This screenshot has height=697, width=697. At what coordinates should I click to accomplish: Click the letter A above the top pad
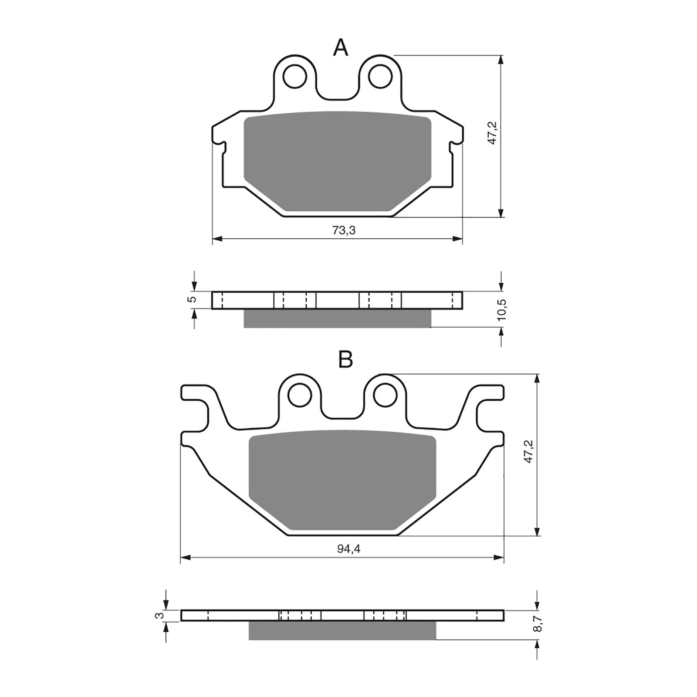point(341,47)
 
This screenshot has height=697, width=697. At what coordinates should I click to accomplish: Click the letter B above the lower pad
point(345,360)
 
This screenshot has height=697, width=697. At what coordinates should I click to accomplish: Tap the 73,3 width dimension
point(344,230)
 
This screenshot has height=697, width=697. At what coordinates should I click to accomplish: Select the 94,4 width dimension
point(348,549)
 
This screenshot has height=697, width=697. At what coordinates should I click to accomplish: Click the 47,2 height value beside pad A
point(492,133)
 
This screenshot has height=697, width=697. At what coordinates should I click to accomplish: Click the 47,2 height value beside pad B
point(529,451)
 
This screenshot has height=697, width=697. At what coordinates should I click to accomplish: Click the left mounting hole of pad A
point(294,77)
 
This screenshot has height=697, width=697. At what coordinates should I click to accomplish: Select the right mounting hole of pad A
point(379,77)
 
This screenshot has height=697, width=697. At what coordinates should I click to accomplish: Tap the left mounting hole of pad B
point(300,395)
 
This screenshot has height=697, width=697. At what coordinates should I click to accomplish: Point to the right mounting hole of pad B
point(385,395)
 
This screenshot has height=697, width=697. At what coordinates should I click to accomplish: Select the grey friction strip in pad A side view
point(337,318)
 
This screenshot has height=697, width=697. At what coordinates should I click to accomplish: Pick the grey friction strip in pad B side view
point(342,630)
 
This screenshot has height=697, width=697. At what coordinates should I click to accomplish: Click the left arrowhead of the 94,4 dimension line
point(185,557)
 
